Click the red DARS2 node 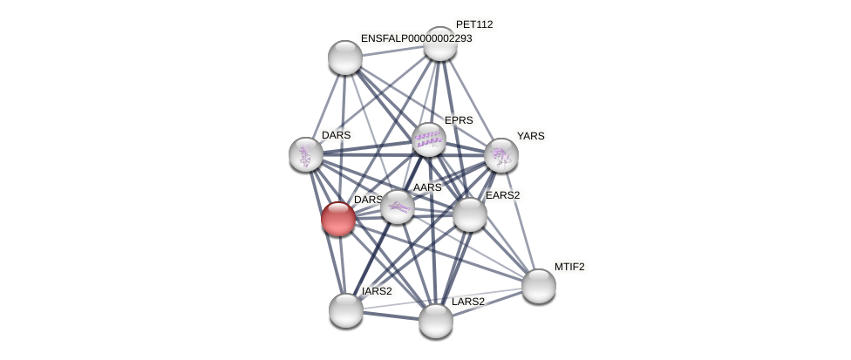point(338,218)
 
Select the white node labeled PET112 point(440,44)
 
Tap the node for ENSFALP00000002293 point(345,58)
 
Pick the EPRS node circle point(428,139)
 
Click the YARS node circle point(501,155)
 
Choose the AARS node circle point(398,207)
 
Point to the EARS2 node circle point(469,214)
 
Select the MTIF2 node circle point(539,286)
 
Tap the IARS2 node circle point(346,310)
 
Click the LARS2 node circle point(436,321)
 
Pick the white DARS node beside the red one point(306,154)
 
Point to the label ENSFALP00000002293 point(416,38)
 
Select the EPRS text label point(459,120)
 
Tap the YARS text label point(530,136)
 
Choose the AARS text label point(427,187)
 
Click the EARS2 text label point(502,195)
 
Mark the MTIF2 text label point(569,267)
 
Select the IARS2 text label point(377,291)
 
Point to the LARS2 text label point(467,302)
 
